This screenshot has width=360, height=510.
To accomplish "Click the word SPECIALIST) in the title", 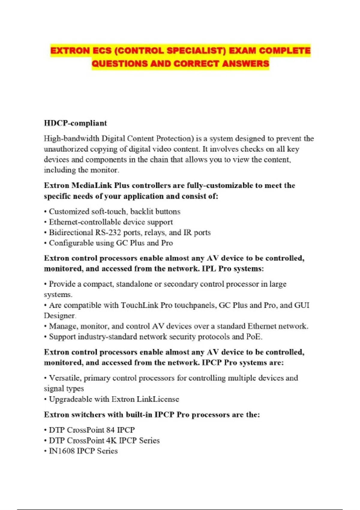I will (196, 50).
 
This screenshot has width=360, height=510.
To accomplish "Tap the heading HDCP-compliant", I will (75, 123).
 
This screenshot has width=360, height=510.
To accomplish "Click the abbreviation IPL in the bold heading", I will (208, 268).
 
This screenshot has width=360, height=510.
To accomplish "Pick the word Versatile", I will (64, 378).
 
